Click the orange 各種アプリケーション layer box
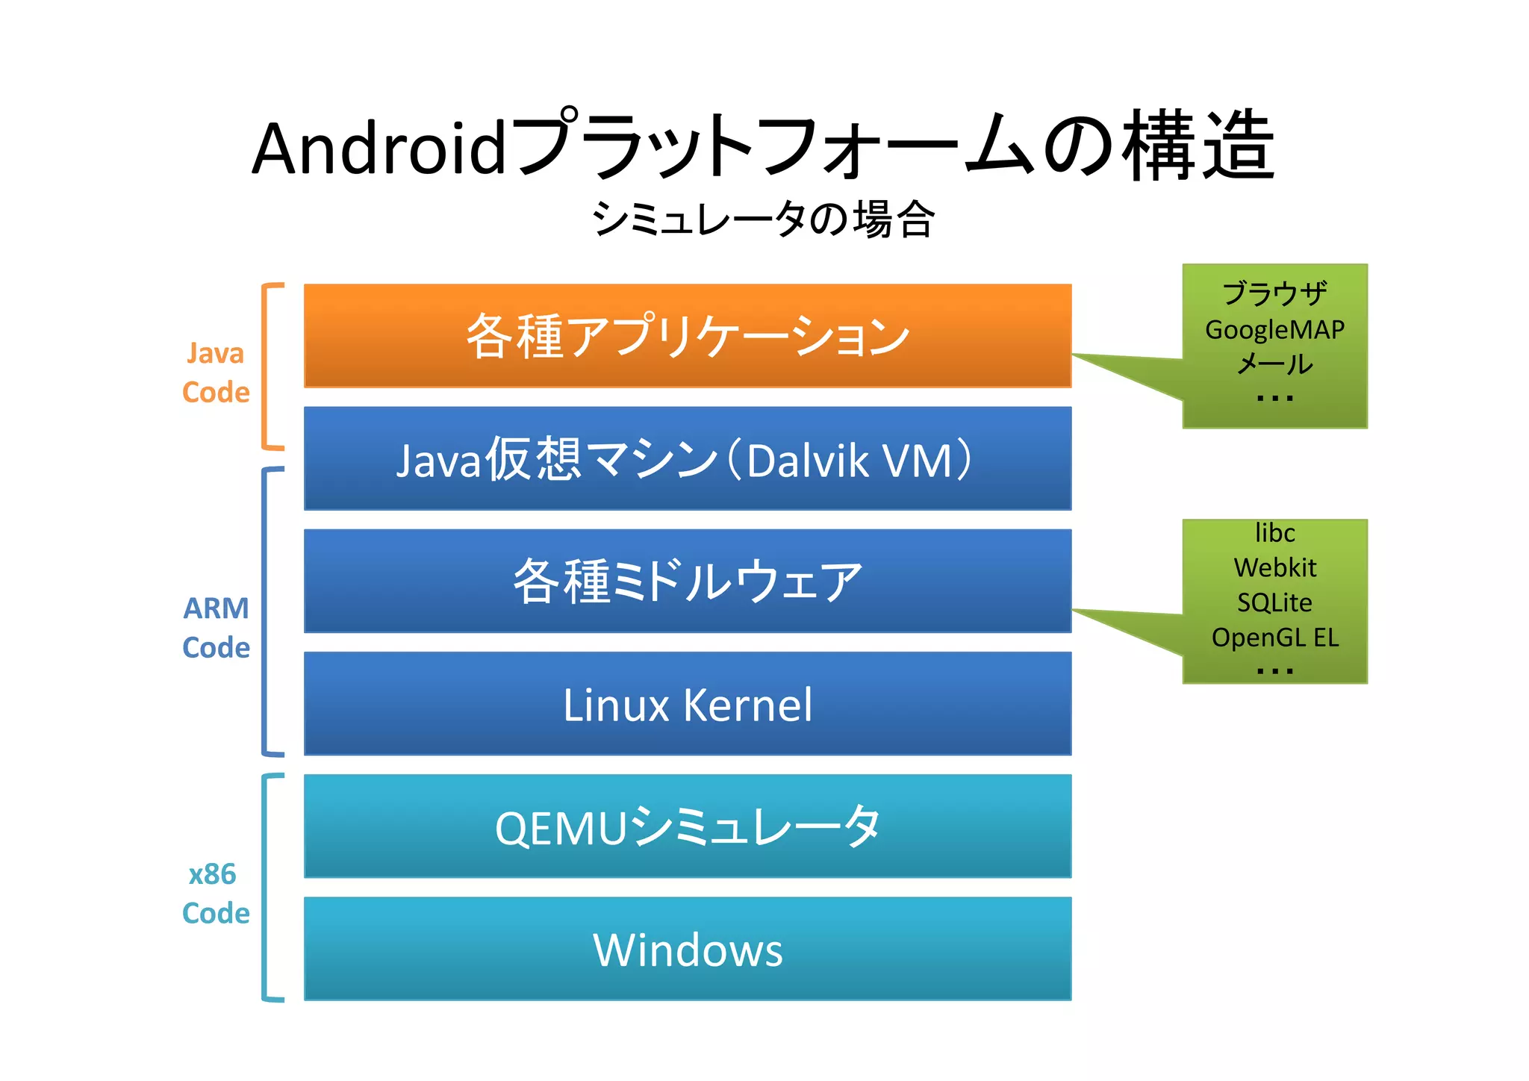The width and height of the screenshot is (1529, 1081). [687, 336]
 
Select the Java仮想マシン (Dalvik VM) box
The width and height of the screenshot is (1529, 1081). [687, 459]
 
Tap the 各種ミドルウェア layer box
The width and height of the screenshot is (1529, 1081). [687, 581]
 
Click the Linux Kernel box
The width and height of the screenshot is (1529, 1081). [687, 704]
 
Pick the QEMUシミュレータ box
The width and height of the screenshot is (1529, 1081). [687, 826]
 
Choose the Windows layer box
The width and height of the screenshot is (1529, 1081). [687, 949]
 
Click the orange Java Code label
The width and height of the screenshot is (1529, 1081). [216, 373]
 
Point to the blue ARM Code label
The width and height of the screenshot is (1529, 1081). [216, 628]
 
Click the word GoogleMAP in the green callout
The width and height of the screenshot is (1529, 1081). [1274, 329]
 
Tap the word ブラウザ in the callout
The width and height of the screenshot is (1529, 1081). [1274, 293]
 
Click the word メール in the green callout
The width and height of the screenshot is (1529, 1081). [1274, 364]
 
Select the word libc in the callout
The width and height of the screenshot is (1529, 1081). [1274, 533]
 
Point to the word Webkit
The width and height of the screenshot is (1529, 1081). [1274, 567]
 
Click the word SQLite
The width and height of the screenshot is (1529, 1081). [1274, 602]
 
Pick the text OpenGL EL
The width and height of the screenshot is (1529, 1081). [1274, 638]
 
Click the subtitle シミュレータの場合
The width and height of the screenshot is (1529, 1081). [763, 220]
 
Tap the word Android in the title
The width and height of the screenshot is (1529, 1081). [379, 149]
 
